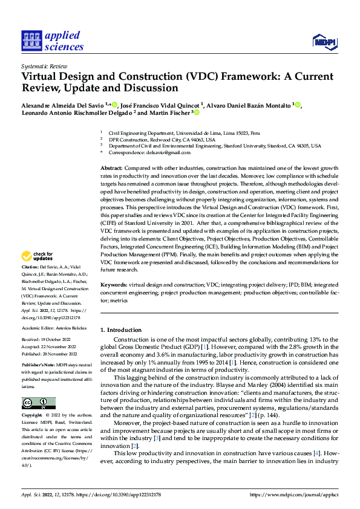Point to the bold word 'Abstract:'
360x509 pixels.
[x=111, y=167]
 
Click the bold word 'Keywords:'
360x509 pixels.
[x=113, y=284]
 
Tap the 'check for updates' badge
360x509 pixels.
[x=38, y=273]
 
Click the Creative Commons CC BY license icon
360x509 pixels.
[x=38, y=403]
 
